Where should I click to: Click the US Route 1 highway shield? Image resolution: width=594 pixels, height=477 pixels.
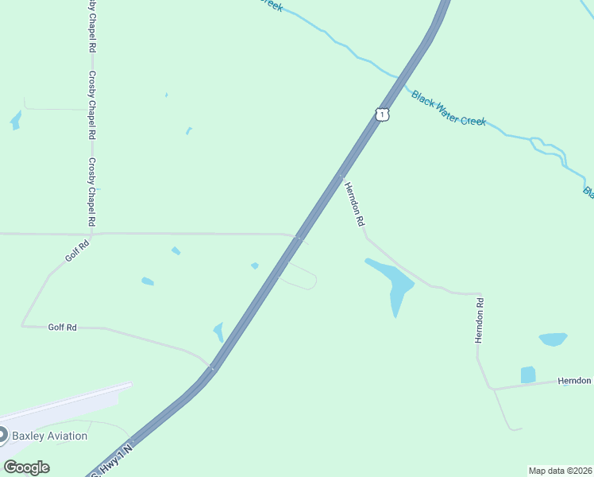383,114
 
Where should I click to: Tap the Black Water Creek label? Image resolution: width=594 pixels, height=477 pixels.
448,109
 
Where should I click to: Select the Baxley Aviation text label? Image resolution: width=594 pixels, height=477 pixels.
49,436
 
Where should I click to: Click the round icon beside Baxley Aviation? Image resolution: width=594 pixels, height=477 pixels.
2,435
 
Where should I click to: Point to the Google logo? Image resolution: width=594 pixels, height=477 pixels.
26,467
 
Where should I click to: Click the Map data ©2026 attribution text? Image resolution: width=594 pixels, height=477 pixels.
560,471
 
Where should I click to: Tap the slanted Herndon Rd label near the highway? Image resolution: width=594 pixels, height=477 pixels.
354,204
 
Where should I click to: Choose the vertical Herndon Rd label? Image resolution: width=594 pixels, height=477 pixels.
480,320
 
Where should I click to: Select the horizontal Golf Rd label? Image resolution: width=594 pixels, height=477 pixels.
62,327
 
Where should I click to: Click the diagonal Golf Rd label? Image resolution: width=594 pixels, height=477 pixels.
77,254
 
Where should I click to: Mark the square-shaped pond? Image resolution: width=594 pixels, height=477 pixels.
528,374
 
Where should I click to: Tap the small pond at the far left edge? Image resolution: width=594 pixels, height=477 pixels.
15,120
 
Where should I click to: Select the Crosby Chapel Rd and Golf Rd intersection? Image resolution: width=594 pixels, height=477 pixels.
92,234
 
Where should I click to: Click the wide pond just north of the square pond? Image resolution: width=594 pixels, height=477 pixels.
553,339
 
